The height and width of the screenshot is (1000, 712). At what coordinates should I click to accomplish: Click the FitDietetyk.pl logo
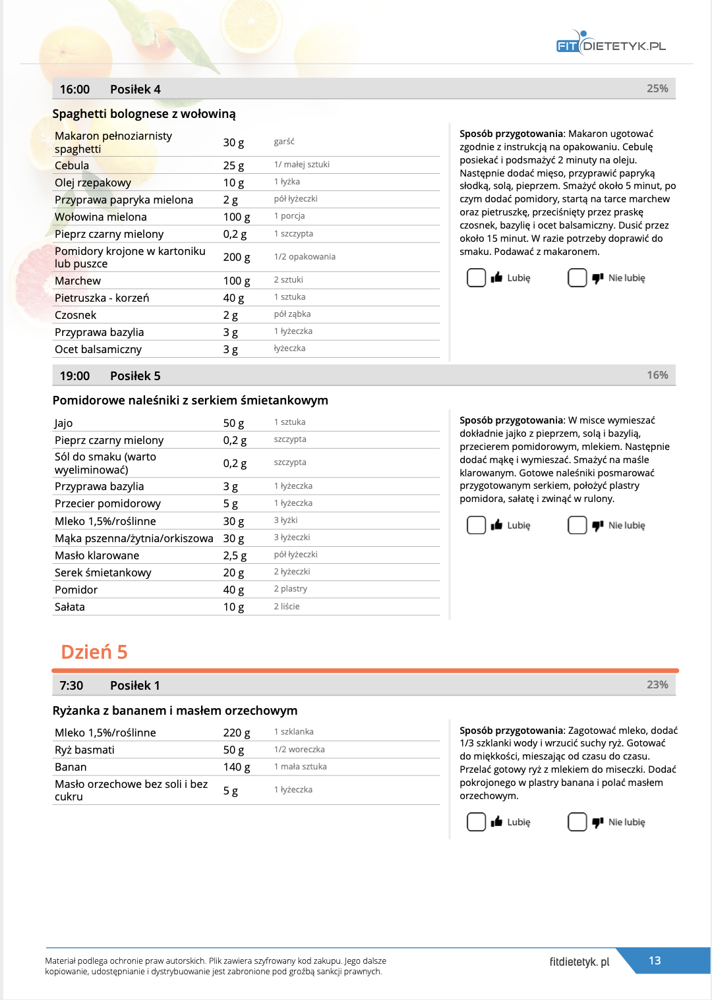coord(610,45)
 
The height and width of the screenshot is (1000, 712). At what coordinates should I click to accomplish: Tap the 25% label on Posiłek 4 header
coord(657,89)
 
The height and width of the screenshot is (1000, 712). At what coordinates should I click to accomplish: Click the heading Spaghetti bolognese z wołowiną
coord(144,114)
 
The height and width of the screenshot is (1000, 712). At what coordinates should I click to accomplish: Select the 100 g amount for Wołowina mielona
coord(236,217)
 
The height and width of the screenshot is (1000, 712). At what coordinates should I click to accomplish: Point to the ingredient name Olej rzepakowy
coord(93,182)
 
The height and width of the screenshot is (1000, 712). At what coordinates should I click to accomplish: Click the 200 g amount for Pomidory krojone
coord(236,257)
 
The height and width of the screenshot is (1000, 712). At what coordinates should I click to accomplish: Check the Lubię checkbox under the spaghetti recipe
coord(476,278)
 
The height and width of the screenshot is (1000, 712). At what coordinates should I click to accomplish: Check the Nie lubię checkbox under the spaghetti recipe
coord(577,278)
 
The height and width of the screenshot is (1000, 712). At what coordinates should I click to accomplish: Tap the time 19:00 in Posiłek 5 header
coord(74,376)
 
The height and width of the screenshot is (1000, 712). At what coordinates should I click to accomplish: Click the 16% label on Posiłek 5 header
coord(657,375)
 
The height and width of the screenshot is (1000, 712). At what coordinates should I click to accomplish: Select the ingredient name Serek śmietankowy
coord(103,572)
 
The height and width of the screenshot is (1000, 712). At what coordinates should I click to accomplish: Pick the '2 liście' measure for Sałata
coord(287,607)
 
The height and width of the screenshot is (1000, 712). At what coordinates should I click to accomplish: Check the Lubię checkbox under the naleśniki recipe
coord(476,525)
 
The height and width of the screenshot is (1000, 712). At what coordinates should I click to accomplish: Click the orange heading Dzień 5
coord(94,652)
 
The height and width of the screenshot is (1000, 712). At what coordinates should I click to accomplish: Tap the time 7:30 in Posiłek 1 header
coord(71,686)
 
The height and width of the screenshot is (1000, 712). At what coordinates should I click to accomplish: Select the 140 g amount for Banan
coord(236,767)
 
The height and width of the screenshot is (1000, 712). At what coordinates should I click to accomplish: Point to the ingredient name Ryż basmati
coord(84,750)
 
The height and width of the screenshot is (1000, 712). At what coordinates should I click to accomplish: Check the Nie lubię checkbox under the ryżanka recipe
coord(577,822)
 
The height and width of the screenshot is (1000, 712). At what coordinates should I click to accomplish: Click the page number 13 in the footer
coord(655,960)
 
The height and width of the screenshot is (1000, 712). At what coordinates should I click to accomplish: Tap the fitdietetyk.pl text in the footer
coord(579,962)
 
